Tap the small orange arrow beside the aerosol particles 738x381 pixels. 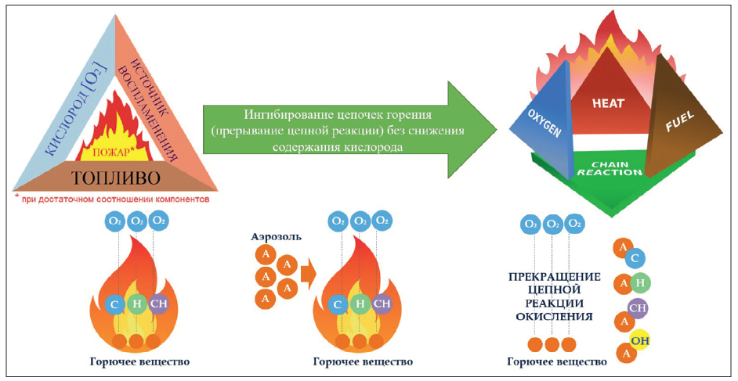click(x=308, y=275)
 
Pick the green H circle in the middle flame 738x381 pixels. click(x=360, y=304)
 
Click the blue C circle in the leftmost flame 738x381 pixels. click(x=115, y=304)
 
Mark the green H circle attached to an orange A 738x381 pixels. click(x=641, y=283)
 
